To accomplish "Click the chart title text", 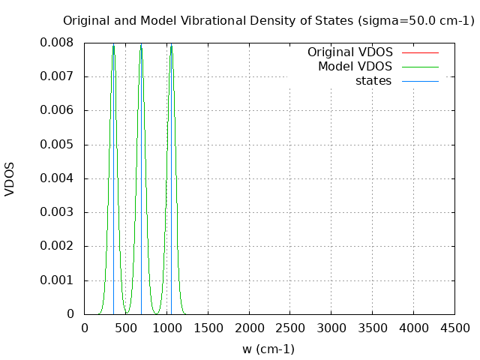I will [x=268, y=20].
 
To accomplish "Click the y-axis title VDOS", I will [x=10, y=178].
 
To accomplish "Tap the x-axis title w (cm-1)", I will [x=268, y=349].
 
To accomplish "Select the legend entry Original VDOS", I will [x=349, y=52].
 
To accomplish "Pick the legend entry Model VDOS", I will [x=355, y=67].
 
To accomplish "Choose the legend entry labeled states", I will [x=373, y=81].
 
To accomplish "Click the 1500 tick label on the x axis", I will [x=208, y=328].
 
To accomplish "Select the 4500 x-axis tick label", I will [x=454, y=328].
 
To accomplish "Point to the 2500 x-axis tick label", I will [x=290, y=328].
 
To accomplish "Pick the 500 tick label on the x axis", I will [x=125, y=328].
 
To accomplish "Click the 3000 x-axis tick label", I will [x=331, y=328].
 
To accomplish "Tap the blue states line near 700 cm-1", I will [x=141, y=187].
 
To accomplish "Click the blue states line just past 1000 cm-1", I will [x=171, y=187].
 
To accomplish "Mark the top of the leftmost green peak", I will [x=113, y=45].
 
